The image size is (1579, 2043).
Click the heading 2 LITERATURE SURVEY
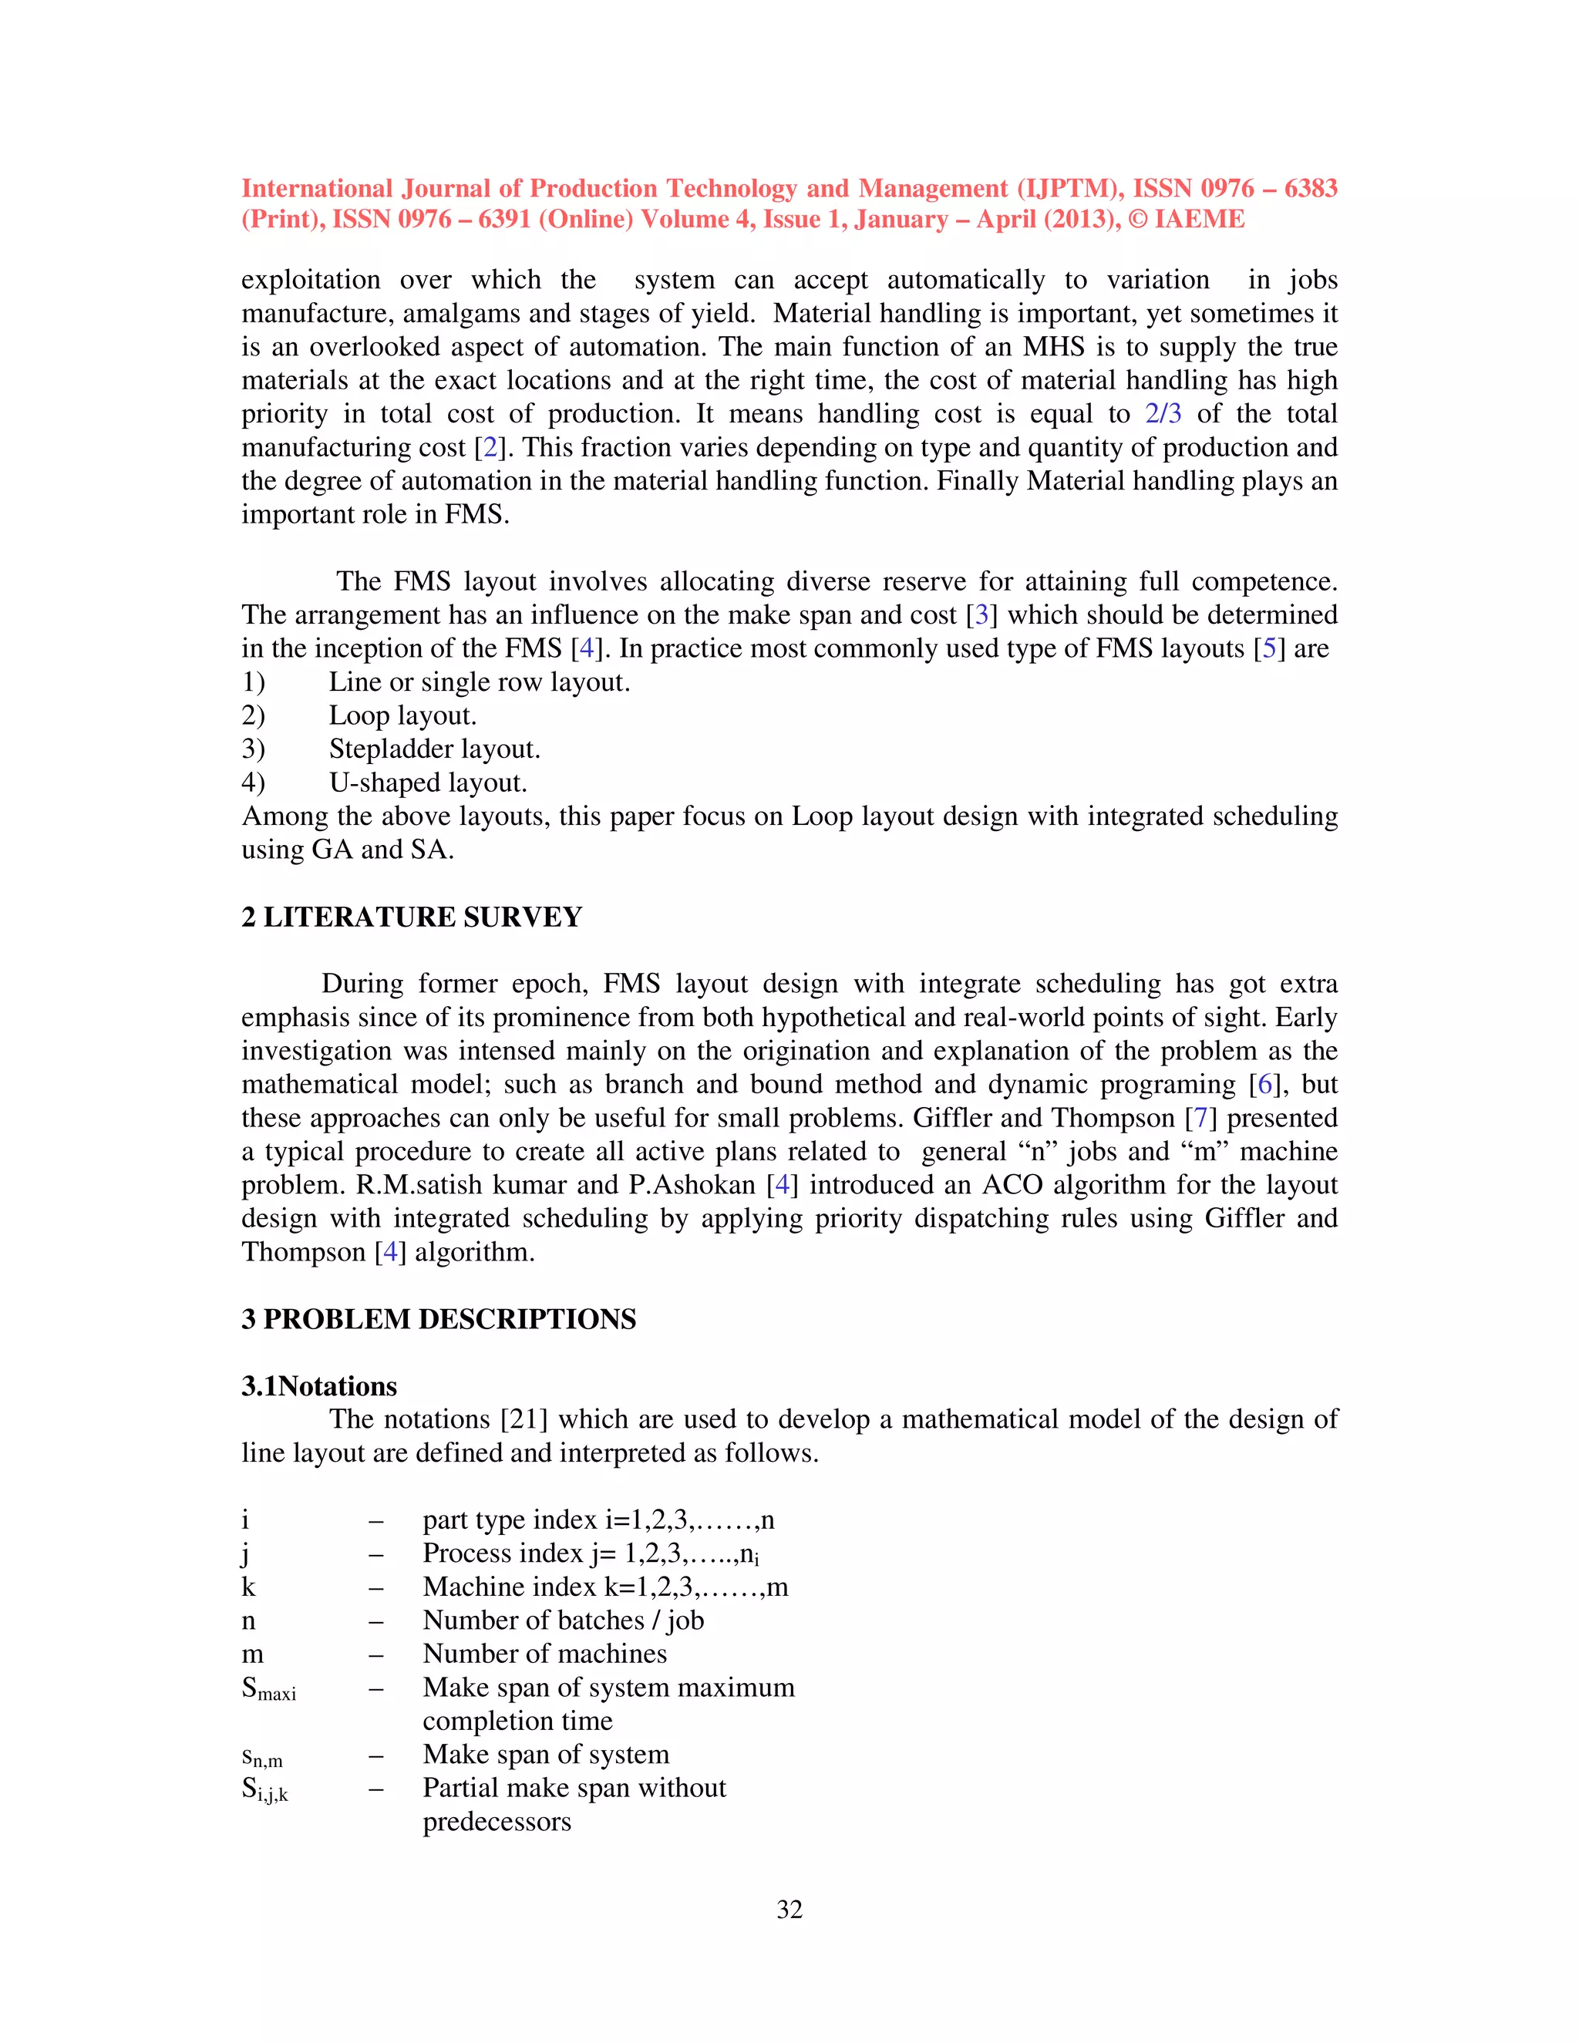coord(412,917)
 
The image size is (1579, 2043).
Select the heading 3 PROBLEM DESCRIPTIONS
coord(439,1319)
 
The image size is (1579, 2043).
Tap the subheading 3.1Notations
coord(319,1386)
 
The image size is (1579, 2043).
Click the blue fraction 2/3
coord(1163,413)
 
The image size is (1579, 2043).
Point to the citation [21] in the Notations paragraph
coord(524,1420)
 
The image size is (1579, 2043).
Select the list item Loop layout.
coord(402,715)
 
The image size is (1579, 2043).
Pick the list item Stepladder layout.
coord(434,749)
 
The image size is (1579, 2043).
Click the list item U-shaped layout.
coord(427,783)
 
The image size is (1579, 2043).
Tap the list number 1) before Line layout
coord(254,682)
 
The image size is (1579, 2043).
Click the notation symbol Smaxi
coord(268,1688)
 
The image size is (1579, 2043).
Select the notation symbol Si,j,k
coord(264,1789)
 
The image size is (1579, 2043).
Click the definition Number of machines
coord(544,1654)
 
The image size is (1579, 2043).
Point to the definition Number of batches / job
coord(563,1621)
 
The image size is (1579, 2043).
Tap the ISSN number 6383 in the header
coord(1310,188)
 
